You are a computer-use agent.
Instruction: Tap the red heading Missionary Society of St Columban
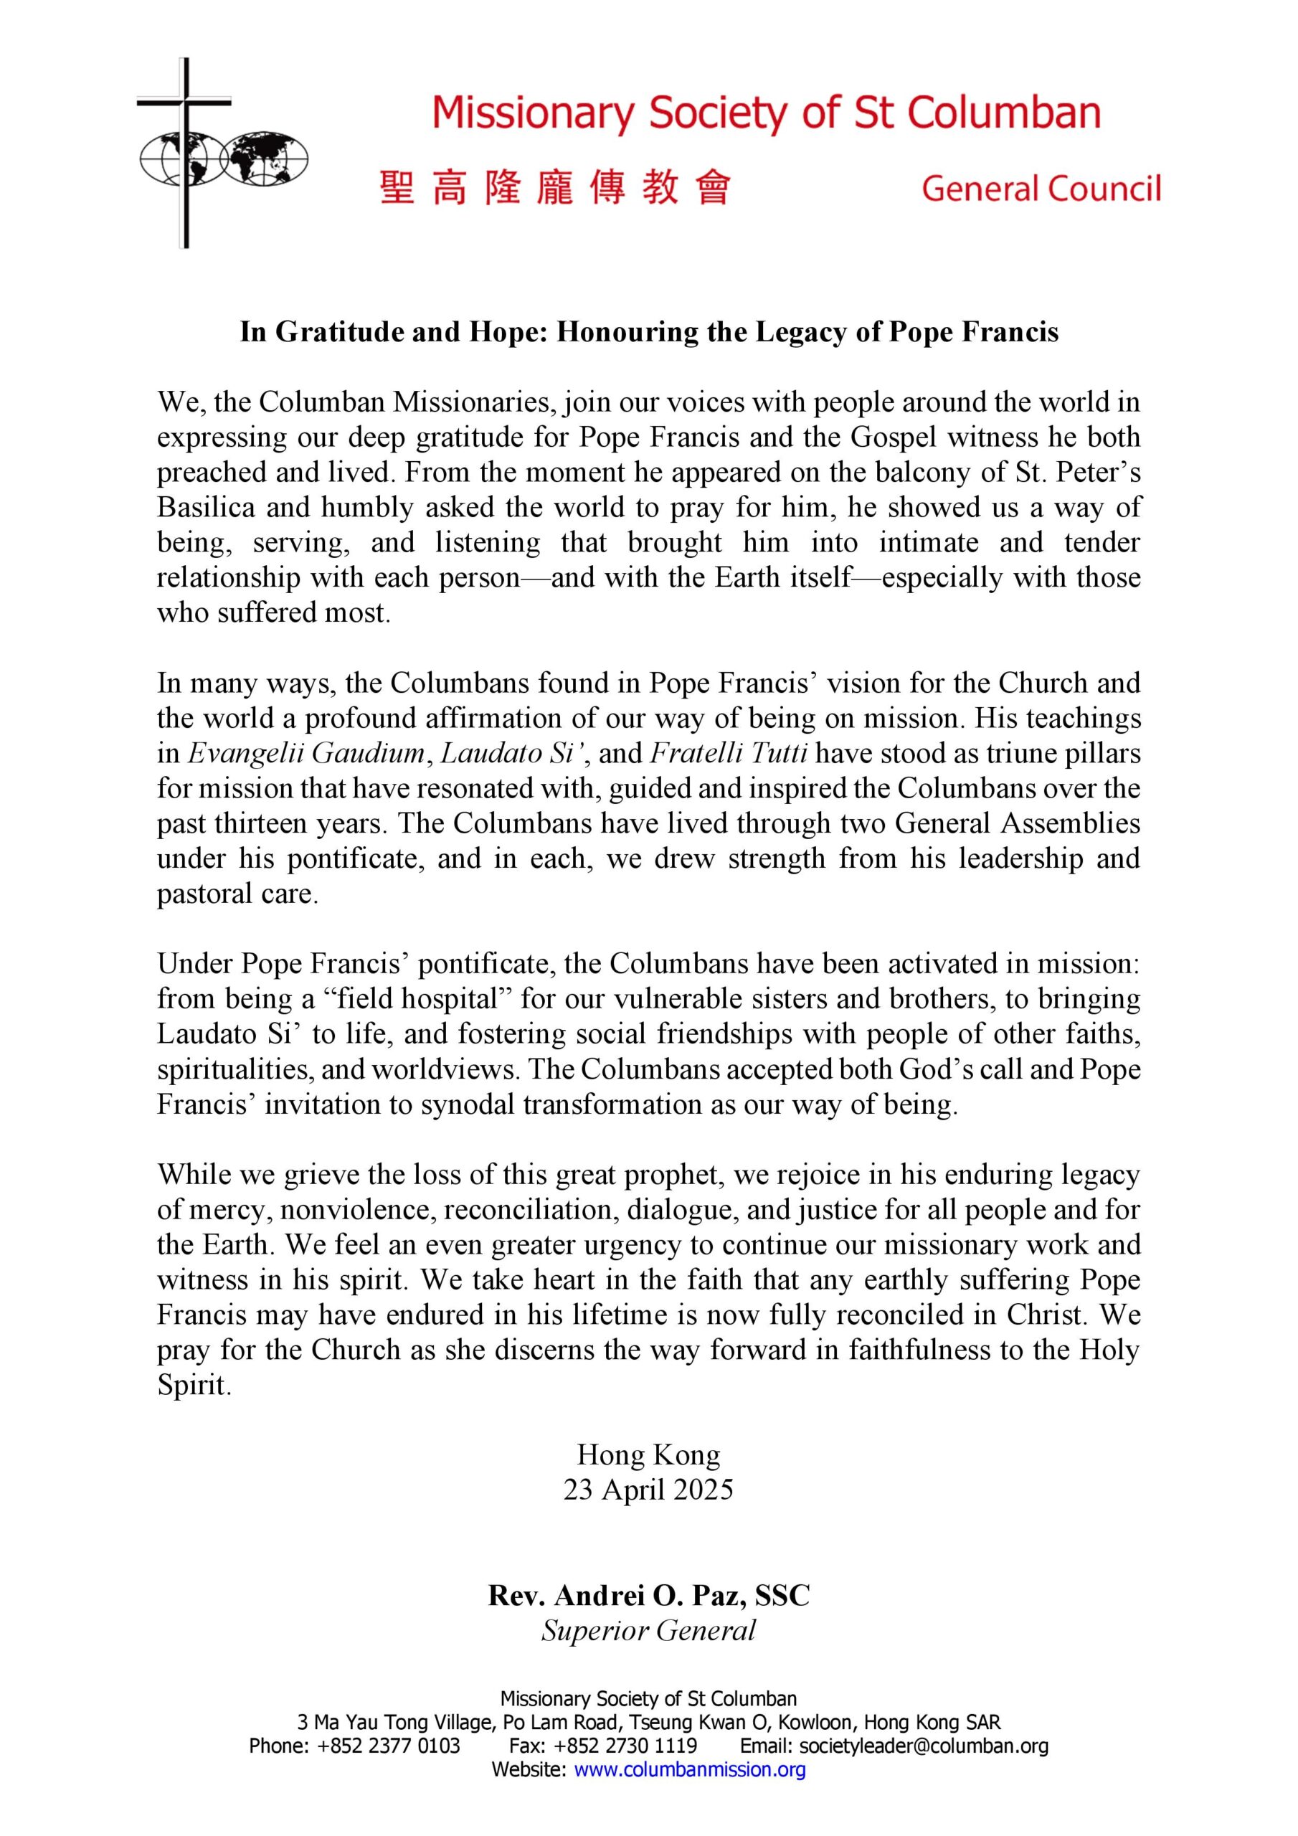(765, 113)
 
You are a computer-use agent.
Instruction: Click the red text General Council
(1041, 189)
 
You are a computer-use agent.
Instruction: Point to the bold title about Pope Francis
(648, 332)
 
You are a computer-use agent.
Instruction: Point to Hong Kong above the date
(648, 1454)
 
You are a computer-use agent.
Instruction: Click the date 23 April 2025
(648, 1490)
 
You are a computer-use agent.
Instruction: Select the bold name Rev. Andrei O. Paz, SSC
(648, 1595)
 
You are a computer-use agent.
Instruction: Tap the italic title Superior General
(648, 1630)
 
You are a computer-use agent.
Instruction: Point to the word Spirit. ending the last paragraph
(194, 1386)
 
